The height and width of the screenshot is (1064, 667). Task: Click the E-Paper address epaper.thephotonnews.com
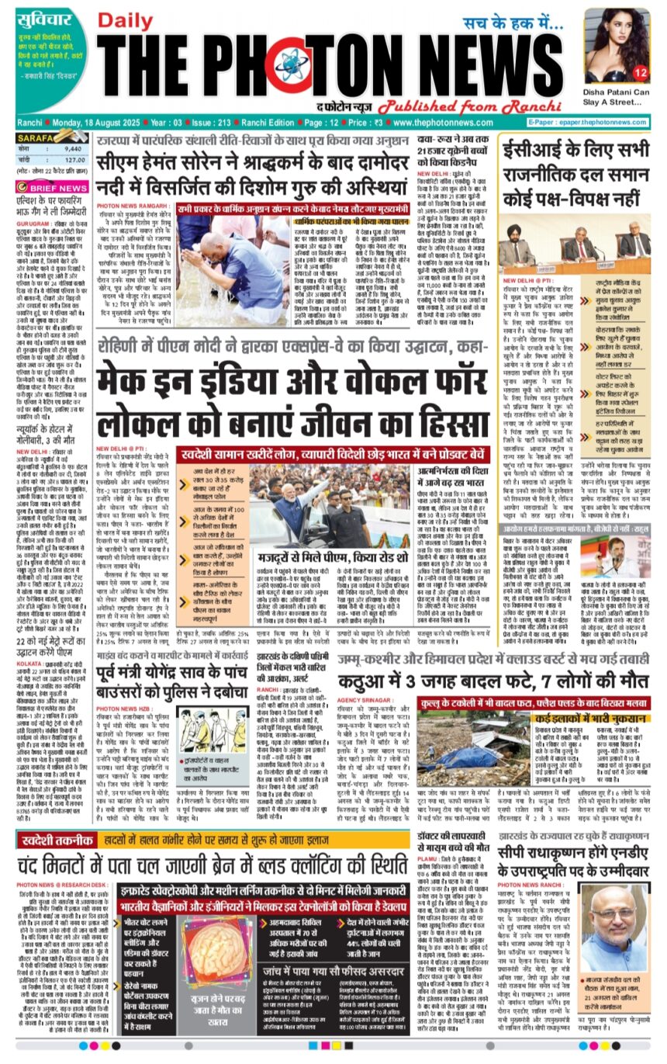click(589, 123)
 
